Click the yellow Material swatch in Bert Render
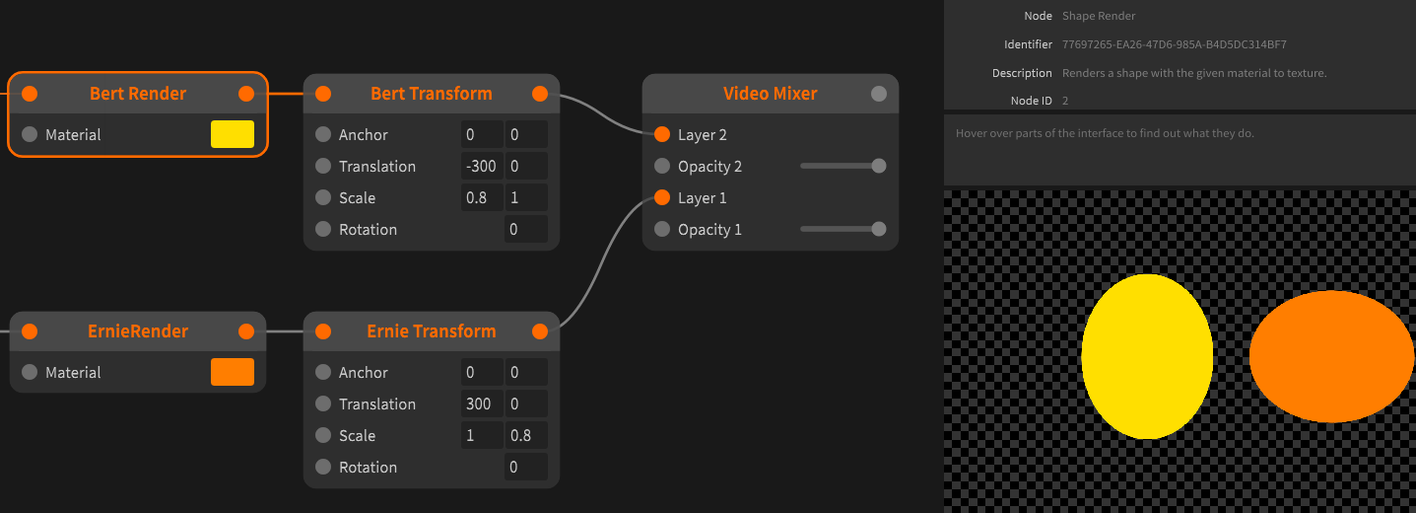233,134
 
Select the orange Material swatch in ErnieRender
233,372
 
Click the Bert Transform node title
431,94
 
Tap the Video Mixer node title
770,94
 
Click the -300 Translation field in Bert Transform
482,166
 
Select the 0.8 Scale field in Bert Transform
482,197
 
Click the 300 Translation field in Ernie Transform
482,403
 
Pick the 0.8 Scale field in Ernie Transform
525,435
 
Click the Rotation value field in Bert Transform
525,229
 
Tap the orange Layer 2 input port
662,134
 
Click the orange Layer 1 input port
662,197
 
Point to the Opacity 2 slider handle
879,166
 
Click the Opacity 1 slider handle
879,229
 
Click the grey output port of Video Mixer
879,94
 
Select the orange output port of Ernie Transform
540,331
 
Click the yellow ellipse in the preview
1147,356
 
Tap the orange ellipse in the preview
1331,356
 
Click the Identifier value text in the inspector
1174,44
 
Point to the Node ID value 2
1065,101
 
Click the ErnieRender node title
138,331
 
